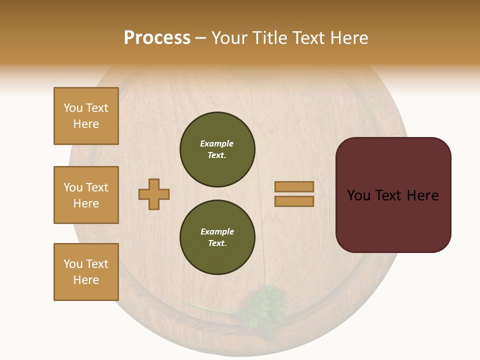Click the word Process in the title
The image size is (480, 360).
157,38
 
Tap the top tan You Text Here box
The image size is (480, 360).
86,116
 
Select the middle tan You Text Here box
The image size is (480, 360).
86,195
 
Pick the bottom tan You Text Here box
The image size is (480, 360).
86,272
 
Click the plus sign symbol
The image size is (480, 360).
154,194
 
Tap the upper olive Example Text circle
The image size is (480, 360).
217,149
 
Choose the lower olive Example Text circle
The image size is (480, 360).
217,237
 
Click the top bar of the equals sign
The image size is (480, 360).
294,187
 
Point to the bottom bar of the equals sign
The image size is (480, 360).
294,201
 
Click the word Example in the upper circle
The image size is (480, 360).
217,143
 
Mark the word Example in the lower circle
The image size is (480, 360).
217,231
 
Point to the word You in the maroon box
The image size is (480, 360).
358,195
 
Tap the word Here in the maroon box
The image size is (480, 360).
423,195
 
